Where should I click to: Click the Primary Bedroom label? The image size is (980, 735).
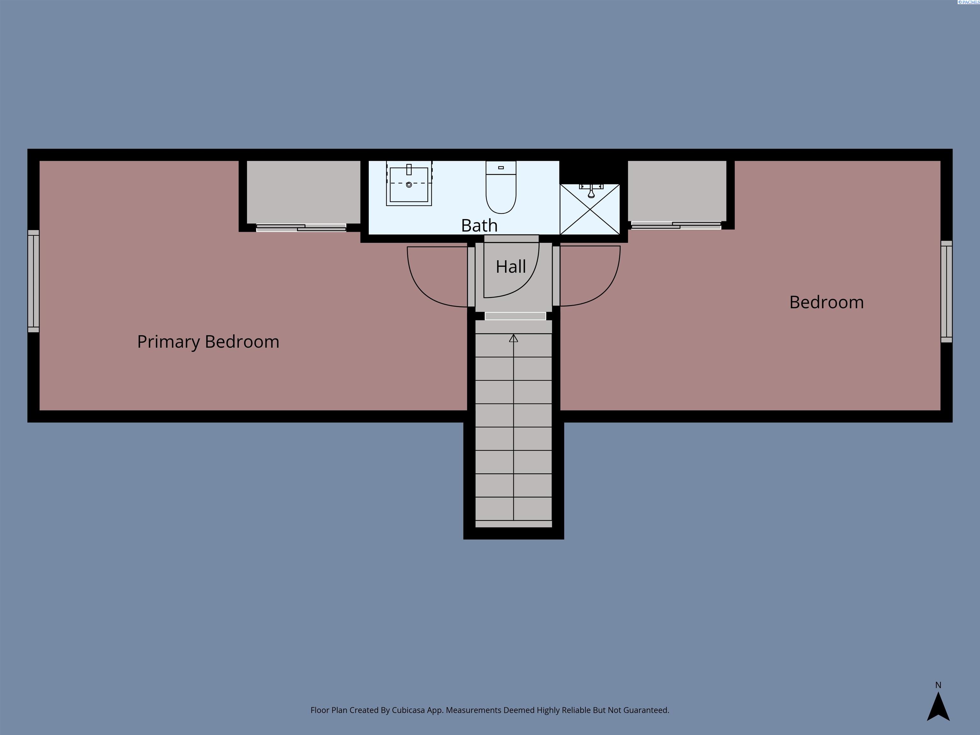coord(208,342)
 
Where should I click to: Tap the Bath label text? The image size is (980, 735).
coord(479,226)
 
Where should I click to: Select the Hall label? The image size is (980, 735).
coord(511,267)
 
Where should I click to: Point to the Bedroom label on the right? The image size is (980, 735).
coord(827,302)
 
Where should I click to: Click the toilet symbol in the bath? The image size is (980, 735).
coord(501,187)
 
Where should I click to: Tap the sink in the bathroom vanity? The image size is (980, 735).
coord(409,183)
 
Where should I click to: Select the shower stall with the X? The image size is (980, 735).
coord(590,209)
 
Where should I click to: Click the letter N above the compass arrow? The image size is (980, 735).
coord(938,685)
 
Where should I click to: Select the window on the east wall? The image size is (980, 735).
coord(946,292)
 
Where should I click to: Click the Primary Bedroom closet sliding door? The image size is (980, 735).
coord(301,228)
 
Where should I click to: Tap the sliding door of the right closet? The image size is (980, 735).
coord(676,226)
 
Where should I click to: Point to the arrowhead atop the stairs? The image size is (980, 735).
coord(514,338)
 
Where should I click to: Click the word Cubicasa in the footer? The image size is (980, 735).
coord(408,710)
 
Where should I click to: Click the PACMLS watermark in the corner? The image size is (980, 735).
coord(969,2)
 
